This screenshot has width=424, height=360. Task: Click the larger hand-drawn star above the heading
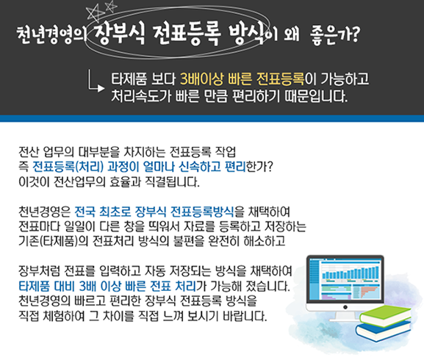click(94, 14)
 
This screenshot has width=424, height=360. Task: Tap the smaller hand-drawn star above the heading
click(111, 6)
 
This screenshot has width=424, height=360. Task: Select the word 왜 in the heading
click(291, 35)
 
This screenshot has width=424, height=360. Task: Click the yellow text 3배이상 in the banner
click(202, 79)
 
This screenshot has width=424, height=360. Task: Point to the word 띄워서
click(164, 226)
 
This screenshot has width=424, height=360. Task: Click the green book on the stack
click(384, 315)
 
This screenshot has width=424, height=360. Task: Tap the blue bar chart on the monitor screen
click(351, 273)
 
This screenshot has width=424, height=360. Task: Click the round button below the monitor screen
click(345, 307)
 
